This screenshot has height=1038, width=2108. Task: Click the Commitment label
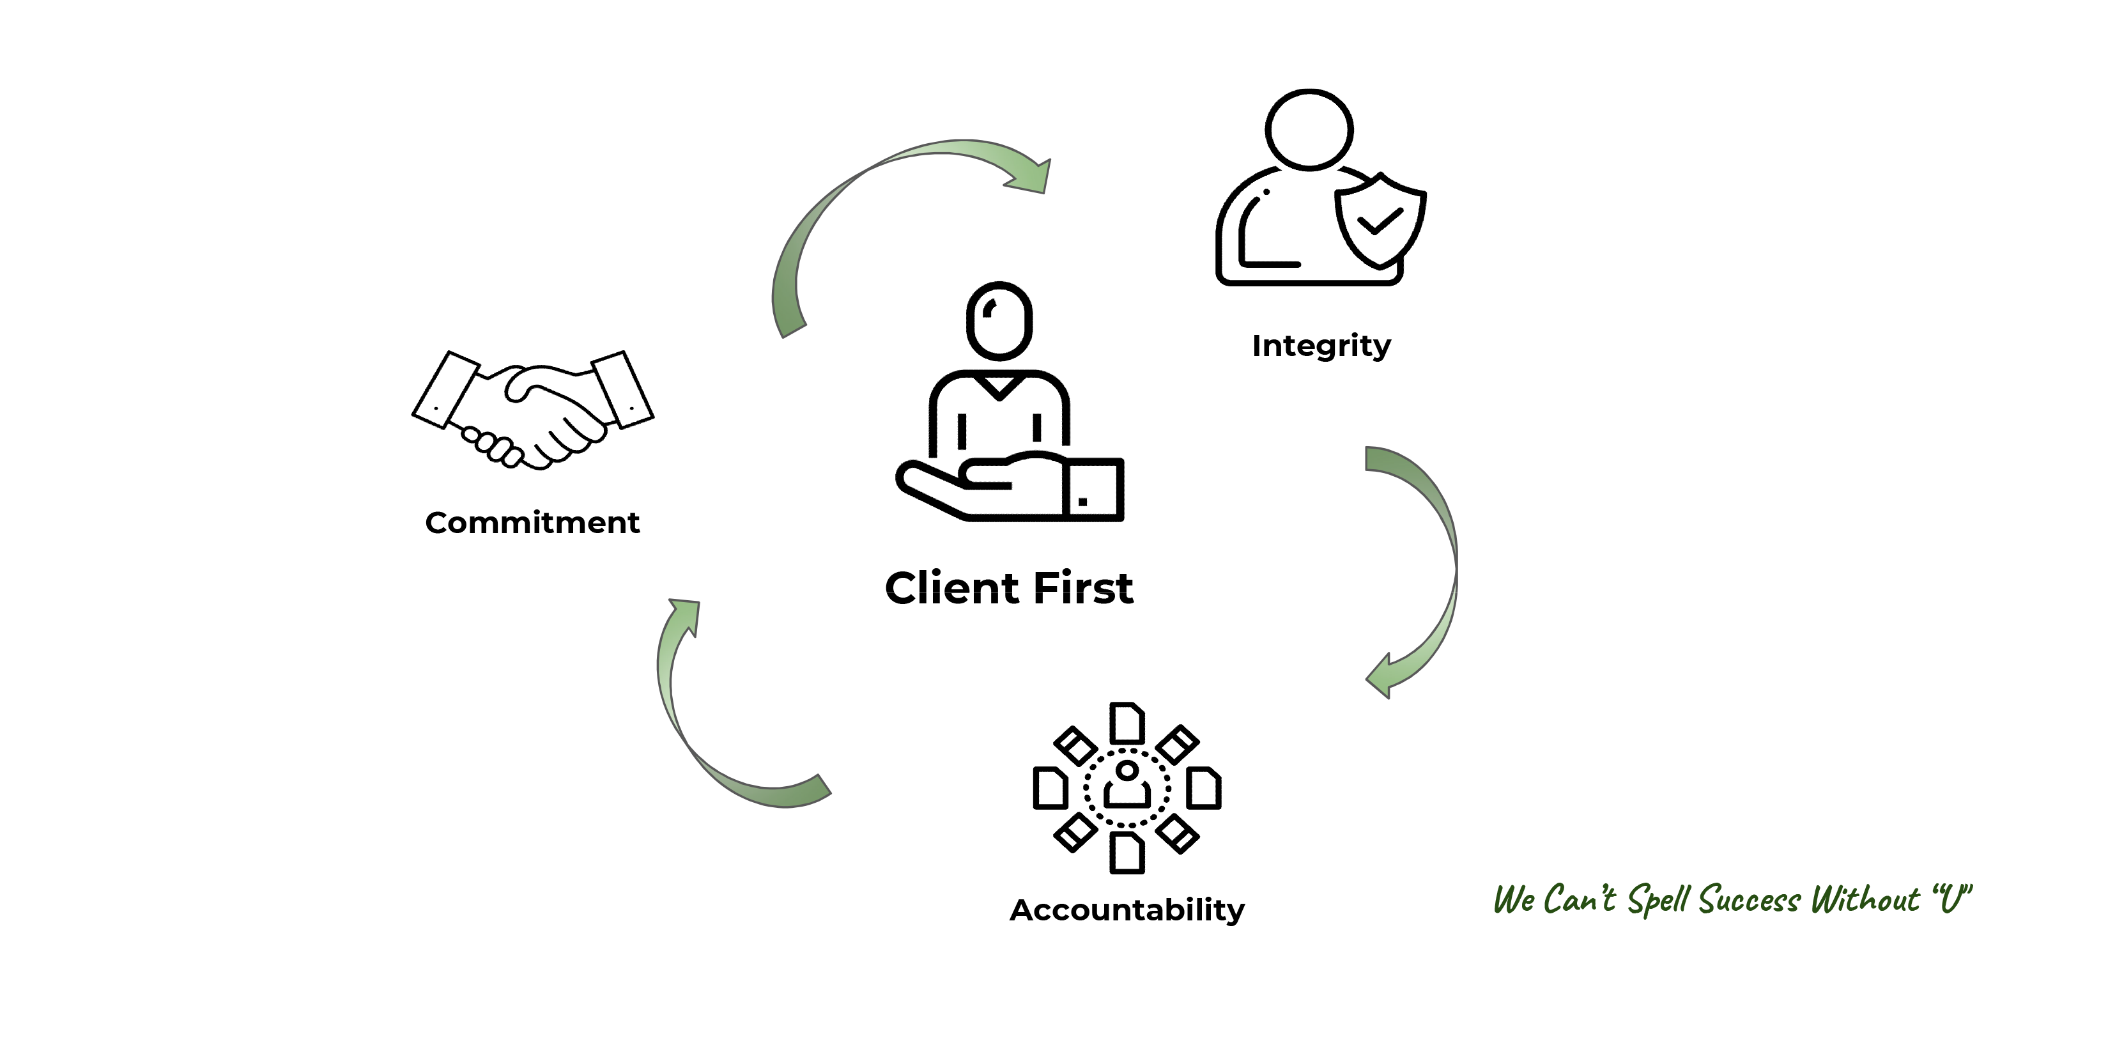point(532,522)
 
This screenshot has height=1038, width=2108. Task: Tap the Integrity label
point(1321,345)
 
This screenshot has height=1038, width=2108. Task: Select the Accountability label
point(1127,910)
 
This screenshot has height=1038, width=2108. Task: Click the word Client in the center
point(951,588)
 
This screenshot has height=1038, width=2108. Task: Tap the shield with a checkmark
point(1380,219)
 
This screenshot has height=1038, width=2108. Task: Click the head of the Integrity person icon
point(1309,129)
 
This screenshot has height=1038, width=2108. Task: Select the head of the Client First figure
point(999,320)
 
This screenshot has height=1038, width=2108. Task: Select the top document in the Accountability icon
point(1127,723)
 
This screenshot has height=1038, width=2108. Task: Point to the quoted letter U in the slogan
point(1953,898)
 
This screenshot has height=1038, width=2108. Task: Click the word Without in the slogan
point(1865,899)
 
